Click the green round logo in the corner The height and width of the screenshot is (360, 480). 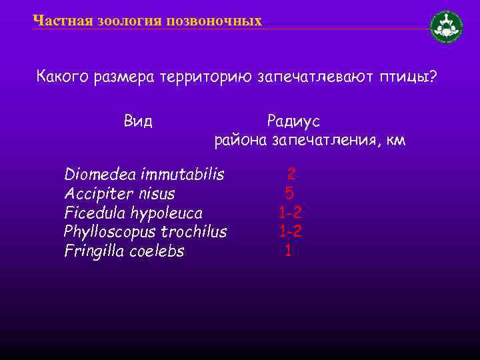447,27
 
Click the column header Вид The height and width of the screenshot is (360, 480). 138,121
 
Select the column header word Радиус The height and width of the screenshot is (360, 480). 293,121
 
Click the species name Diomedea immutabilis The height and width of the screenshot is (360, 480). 144,175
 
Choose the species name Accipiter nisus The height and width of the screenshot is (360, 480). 119,194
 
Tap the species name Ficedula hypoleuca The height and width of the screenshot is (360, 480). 133,213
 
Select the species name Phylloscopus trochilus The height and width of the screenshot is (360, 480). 145,233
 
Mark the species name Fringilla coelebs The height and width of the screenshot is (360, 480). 124,252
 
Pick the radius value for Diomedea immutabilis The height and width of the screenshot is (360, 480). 291,175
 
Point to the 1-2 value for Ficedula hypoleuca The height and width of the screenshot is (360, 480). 290,213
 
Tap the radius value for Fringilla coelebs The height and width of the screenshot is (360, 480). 288,252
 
